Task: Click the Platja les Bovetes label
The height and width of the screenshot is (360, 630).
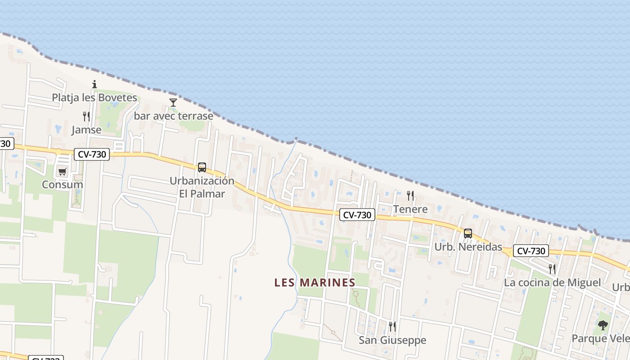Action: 94,98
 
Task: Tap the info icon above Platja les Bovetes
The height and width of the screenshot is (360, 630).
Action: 94,84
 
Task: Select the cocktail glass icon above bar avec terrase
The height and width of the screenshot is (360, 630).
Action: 173,103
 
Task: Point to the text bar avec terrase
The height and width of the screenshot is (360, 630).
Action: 173,116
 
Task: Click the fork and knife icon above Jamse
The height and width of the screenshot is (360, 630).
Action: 86,117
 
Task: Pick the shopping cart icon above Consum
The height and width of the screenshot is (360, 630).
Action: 62,171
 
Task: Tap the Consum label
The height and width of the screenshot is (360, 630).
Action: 62,184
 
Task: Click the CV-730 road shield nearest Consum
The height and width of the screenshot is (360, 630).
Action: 92,154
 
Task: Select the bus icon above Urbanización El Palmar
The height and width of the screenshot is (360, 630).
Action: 202,167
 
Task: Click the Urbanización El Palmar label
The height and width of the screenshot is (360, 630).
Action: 202,187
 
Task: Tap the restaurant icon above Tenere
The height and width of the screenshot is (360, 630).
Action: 410,196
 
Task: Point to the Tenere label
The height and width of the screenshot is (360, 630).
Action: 410,209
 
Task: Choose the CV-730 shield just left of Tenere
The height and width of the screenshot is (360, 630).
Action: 357,215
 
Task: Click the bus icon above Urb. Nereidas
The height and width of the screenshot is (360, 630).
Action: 468,234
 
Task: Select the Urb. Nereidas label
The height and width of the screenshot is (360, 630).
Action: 468,247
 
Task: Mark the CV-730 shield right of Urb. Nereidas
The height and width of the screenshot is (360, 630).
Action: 531,251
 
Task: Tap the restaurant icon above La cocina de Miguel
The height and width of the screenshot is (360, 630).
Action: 552,269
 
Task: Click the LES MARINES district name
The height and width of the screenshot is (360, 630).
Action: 315,283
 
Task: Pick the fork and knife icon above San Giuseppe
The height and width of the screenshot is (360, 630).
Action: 392,327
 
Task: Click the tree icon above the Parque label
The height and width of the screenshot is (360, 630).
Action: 603,325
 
